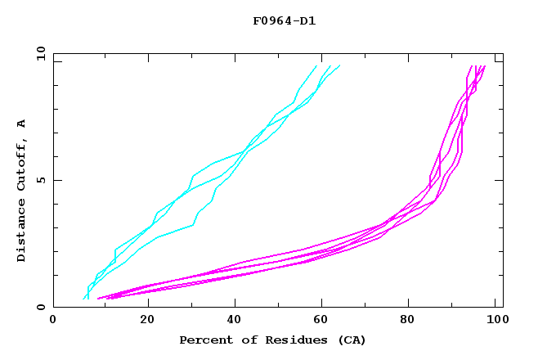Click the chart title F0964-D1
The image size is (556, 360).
[x=284, y=20]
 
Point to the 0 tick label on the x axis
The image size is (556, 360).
[x=53, y=321]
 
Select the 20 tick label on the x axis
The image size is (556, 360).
[x=146, y=321]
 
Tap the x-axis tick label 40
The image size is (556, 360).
[x=235, y=321]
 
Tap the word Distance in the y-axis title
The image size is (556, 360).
[x=22, y=232]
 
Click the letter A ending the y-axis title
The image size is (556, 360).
[x=22, y=124]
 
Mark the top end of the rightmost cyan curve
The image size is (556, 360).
[x=339, y=65]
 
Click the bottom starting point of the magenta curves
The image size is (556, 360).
[x=98, y=299]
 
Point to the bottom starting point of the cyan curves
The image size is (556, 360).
[x=85, y=299]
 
